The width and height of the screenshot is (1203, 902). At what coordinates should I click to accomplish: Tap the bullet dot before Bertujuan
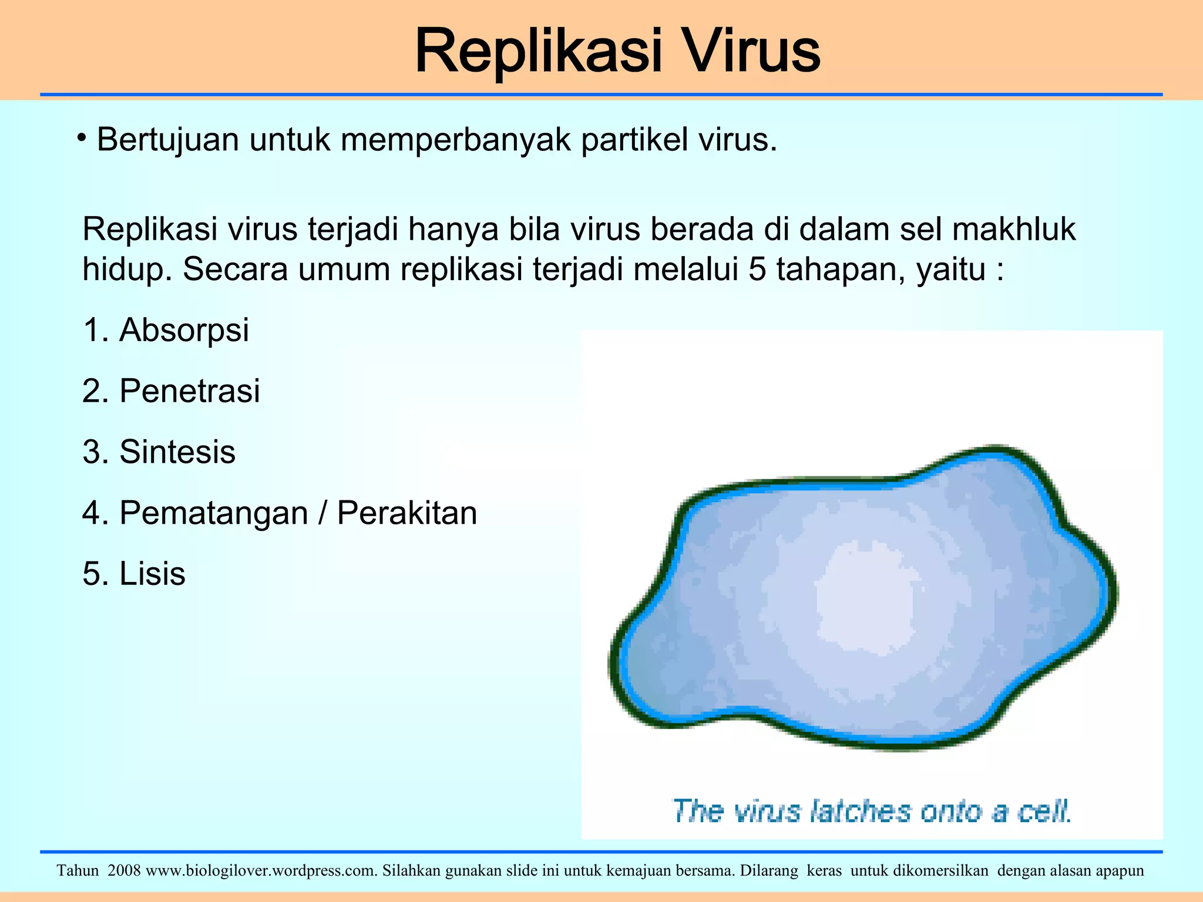coord(82,139)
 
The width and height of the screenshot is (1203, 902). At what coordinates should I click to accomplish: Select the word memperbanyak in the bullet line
coord(456,141)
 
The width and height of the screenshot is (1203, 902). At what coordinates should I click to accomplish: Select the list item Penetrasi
coord(189,391)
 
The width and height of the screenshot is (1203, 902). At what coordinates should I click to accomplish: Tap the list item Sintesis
coord(177,452)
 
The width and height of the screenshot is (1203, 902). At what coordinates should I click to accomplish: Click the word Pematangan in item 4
coord(214,513)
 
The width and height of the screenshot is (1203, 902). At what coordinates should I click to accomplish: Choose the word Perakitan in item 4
coord(406,513)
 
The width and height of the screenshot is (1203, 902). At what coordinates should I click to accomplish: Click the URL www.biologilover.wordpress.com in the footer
coord(261,871)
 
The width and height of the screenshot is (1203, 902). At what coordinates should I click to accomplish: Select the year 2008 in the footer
coord(124,871)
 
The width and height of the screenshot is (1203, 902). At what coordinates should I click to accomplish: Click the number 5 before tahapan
coord(757,270)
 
